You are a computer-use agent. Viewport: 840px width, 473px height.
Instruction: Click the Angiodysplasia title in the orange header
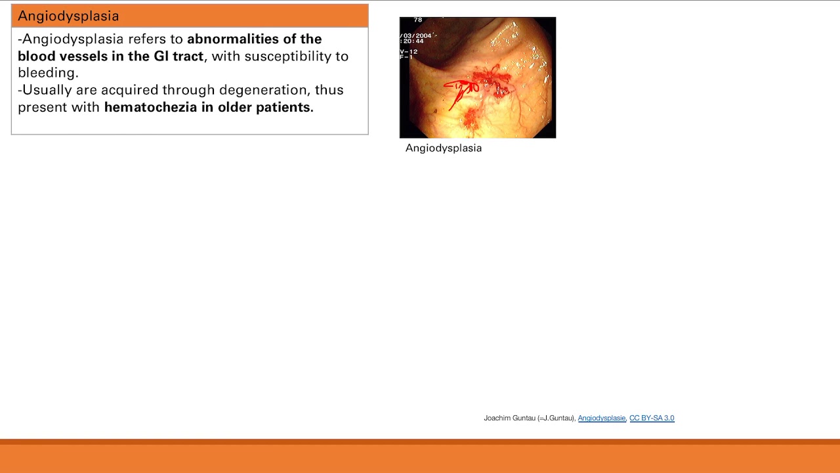(x=68, y=16)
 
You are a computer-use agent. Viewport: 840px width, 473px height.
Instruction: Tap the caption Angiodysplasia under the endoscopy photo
(x=444, y=148)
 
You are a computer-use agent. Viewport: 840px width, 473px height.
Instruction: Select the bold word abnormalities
(x=233, y=39)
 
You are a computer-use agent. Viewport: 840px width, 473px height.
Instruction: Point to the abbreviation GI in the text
(x=161, y=56)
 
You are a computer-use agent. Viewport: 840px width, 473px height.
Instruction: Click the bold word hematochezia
(x=150, y=107)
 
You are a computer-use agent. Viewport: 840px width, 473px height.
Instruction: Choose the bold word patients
(x=284, y=107)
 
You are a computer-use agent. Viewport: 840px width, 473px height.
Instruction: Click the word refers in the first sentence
(x=146, y=39)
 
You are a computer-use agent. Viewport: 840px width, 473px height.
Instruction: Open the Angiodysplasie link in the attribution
(x=601, y=418)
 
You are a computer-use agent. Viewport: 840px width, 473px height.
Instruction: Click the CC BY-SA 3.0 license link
(x=652, y=418)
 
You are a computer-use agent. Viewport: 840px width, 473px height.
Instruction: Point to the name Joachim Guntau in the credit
(x=509, y=418)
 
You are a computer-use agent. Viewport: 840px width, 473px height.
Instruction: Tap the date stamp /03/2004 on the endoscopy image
(x=417, y=35)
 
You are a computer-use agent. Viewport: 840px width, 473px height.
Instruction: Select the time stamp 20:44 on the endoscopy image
(x=413, y=41)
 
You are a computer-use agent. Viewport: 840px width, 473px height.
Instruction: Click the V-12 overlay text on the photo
(x=409, y=51)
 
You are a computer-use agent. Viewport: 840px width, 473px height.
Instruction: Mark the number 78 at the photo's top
(x=417, y=20)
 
